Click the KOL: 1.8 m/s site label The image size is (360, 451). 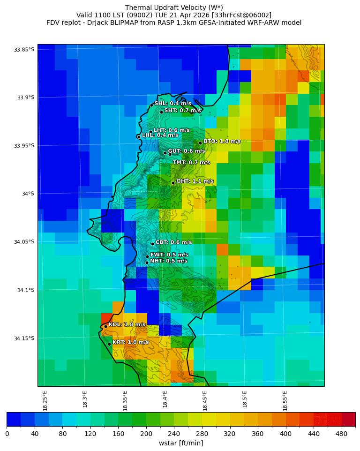pos(127,324)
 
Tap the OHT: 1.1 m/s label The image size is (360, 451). pos(195,181)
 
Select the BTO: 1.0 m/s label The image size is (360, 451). pos(222,141)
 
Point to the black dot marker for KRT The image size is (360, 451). pos(109,344)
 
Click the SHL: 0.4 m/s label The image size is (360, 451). pos(172,103)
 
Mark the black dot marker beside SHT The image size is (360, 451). pos(161,112)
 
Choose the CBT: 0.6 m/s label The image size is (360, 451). pos(173,242)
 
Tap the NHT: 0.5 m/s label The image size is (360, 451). pos(168,261)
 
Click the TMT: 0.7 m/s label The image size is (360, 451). pos(191,163)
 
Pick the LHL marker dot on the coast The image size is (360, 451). pos(139,137)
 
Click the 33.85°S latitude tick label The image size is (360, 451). pos(24,50)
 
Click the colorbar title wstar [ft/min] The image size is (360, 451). pos(181,443)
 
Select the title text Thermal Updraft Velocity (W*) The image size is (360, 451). pos(174,8)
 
